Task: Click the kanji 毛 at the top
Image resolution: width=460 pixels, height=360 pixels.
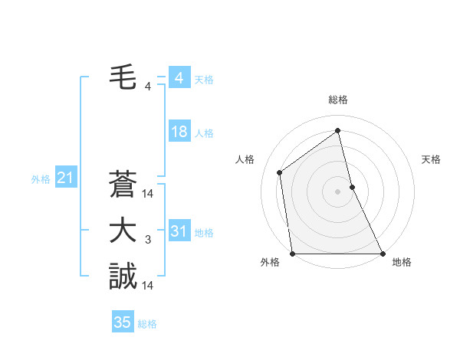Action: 123,77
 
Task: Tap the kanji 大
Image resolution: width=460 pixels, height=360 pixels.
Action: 123,231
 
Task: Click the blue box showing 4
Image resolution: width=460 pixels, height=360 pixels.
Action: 179,78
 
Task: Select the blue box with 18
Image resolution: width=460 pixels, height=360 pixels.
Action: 179,132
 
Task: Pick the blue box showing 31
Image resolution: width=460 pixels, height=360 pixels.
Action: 179,231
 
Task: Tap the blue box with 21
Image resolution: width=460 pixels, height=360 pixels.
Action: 65,178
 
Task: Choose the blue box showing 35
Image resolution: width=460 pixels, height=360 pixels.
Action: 123,322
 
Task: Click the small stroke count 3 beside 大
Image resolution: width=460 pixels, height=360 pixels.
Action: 148,241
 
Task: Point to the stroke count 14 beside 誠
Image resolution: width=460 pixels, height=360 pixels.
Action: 149,286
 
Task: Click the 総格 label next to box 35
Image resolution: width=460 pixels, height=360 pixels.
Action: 147,324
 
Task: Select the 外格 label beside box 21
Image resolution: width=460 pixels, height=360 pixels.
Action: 41,179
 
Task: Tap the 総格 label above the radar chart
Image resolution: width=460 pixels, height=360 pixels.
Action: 338,100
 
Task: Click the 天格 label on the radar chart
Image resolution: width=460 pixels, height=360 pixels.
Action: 431,159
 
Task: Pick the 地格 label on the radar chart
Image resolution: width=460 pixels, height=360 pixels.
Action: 402,262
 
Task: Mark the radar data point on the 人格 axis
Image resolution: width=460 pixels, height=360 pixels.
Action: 280,172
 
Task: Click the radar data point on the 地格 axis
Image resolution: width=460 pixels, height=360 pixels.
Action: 383,254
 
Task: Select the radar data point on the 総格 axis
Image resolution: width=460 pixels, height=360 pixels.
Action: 338,130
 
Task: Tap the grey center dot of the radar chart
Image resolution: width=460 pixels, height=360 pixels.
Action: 338,191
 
